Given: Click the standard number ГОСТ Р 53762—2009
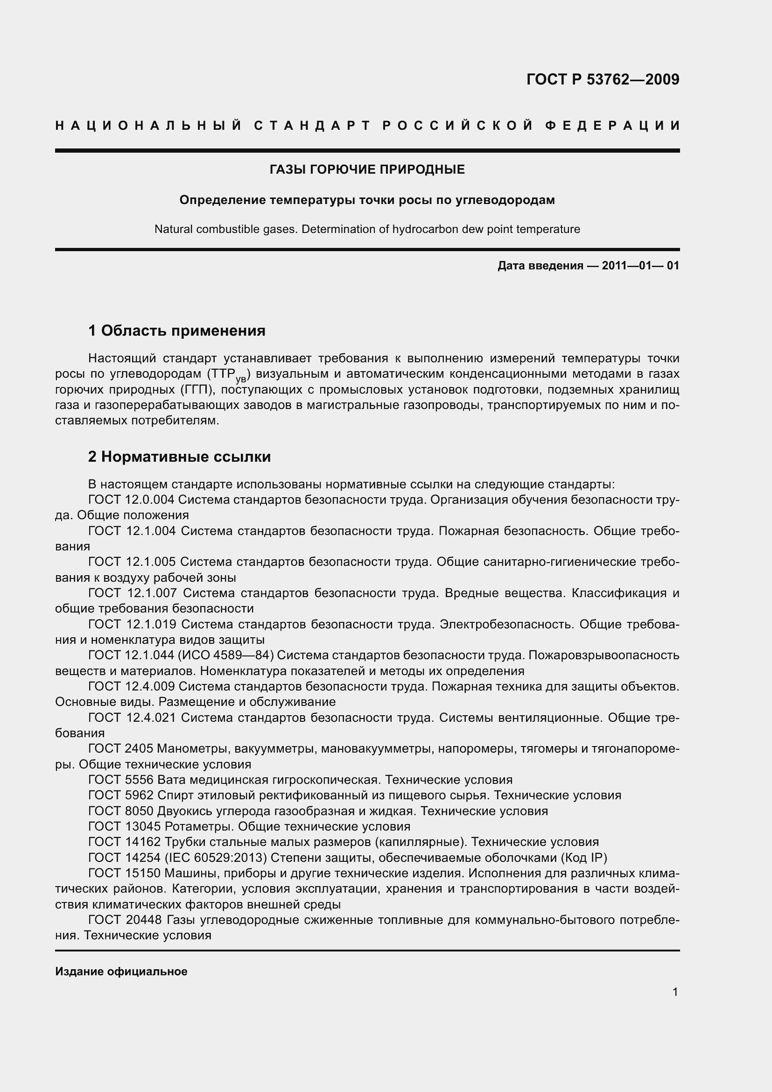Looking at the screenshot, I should [602, 79].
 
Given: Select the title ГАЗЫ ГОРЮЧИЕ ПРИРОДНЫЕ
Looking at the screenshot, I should [367, 169].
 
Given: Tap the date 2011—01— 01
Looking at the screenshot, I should [640, 266].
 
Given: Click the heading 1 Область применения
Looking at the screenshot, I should [177, 330].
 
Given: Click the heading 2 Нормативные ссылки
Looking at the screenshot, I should [179, 457].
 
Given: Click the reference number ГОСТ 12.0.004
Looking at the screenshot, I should [132, 500].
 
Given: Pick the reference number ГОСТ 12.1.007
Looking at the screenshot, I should [133, 593].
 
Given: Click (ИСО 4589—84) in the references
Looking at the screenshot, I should [225, 655].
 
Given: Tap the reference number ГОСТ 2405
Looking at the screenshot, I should [120, 748].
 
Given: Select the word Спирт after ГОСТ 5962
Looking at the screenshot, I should [175, 795].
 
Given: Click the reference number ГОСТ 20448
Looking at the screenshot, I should [125, 920].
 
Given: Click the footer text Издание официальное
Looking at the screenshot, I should [121, 972].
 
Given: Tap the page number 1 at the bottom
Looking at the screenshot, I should [675, 992].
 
